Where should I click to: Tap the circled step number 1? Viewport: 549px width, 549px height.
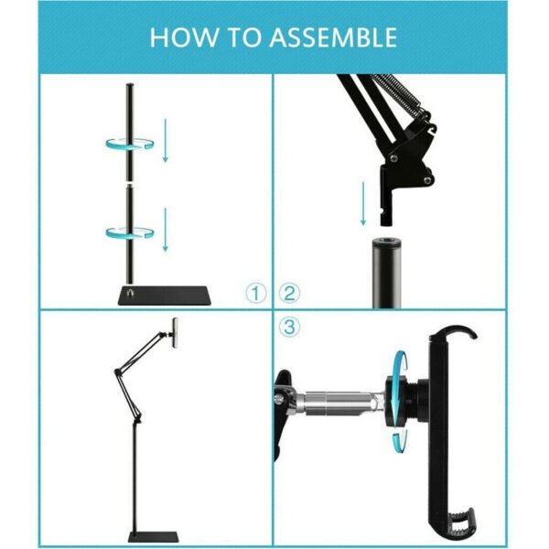(257, 294)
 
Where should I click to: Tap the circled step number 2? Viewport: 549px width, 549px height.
(289, 294)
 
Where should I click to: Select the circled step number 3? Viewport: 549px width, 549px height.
(289, 327)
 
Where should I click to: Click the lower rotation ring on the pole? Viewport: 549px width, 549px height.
(128, 230)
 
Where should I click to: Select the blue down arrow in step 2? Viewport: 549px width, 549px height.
(363, 203)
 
